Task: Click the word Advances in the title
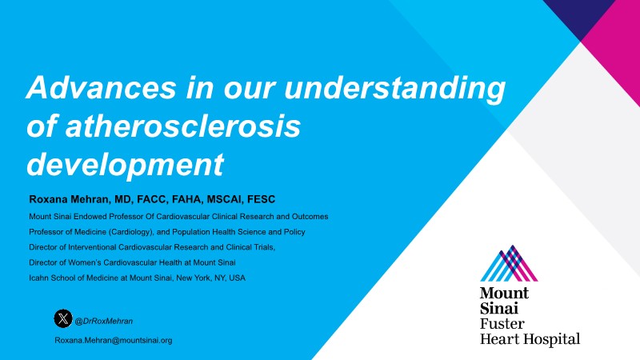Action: point(102,87)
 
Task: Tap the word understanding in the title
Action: point(394,89)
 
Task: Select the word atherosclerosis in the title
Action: point(183,126)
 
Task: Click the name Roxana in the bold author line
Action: point(48,199)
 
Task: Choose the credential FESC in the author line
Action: point(262,199)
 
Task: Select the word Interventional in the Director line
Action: point(92,247)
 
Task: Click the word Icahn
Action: point(38,278)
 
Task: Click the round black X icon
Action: point(63,318)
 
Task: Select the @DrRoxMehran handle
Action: point(104,322)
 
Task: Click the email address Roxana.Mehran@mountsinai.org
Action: point(114,341)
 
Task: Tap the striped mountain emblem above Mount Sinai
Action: point(509,263)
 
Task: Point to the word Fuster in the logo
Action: point(502,324)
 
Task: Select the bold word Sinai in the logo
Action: point(498,308)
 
